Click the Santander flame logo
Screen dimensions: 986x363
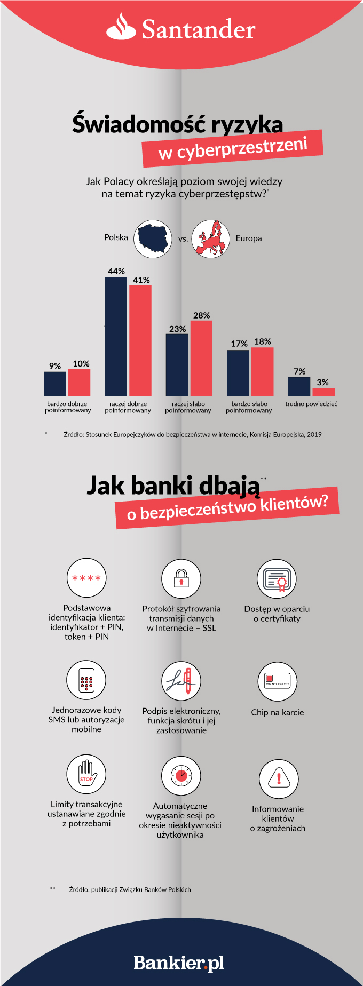[121, 28]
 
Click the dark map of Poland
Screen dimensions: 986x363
[153, 238]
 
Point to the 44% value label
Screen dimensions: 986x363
[116, 271]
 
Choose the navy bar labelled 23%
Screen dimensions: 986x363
[177, 365]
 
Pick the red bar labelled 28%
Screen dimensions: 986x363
[201, 358]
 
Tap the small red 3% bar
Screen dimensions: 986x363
[323, 392]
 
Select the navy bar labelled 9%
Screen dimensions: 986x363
[55, 384]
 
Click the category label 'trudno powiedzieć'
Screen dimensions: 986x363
[311, 404]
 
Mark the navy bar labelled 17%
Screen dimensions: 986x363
[238, 373]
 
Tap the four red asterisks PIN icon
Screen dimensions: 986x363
[86, 578]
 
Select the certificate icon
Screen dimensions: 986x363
[277, 579]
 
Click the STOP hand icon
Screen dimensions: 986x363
[86, 774]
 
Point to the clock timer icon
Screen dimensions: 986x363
[181, 776]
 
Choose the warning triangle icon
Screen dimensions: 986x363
[279, 779]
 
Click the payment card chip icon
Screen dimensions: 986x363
[278, 682]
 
